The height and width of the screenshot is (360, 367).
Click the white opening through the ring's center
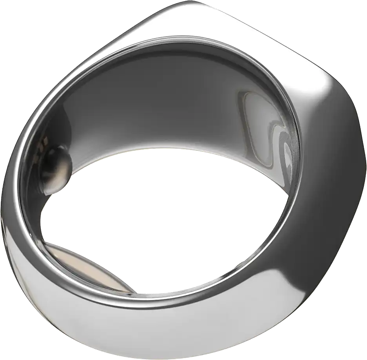[x=165, y=219]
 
